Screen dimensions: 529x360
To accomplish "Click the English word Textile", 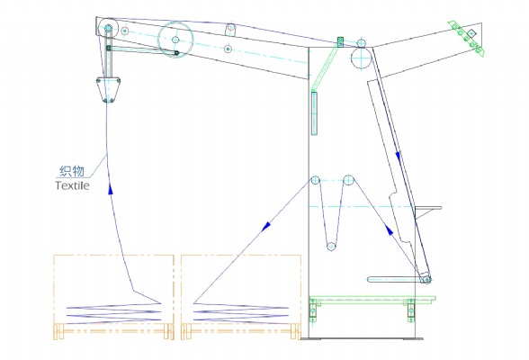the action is [x=72, y=185].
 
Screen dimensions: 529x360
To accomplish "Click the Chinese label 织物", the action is [x=72, y=171].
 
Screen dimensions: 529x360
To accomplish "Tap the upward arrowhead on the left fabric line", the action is [x=111, y=189].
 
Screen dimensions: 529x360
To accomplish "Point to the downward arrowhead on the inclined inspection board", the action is [x=398, y=156].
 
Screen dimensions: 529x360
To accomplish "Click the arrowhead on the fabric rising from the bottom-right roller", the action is [x=390, y=230].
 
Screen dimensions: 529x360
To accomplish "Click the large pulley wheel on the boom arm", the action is [x=175, y=40].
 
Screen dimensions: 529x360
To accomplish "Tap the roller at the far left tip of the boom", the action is [x=108, y=27].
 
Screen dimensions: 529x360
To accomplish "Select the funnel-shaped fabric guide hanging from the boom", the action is [x=109, y=89].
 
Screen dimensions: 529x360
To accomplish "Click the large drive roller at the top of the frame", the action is [x=362, y=58].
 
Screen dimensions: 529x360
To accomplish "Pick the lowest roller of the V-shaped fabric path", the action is [x=331, y=247].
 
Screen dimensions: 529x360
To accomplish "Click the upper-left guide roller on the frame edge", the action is [x=315, y=180].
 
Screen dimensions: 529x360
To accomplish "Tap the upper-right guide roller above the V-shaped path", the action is [x=348, y=180].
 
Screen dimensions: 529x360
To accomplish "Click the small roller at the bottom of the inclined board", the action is [x=426, y=280].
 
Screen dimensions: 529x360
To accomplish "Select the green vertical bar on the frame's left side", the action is [x=314, y=113].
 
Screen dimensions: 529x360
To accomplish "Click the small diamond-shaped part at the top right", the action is [x=471, y=33].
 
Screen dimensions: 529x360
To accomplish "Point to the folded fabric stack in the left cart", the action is [x=113, y=312].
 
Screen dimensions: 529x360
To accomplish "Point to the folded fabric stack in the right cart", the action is [x=241, y=312].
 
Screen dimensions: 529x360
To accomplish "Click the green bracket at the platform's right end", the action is [x=410, y=310].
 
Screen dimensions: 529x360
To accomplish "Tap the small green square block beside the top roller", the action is [x=340, y=42].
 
